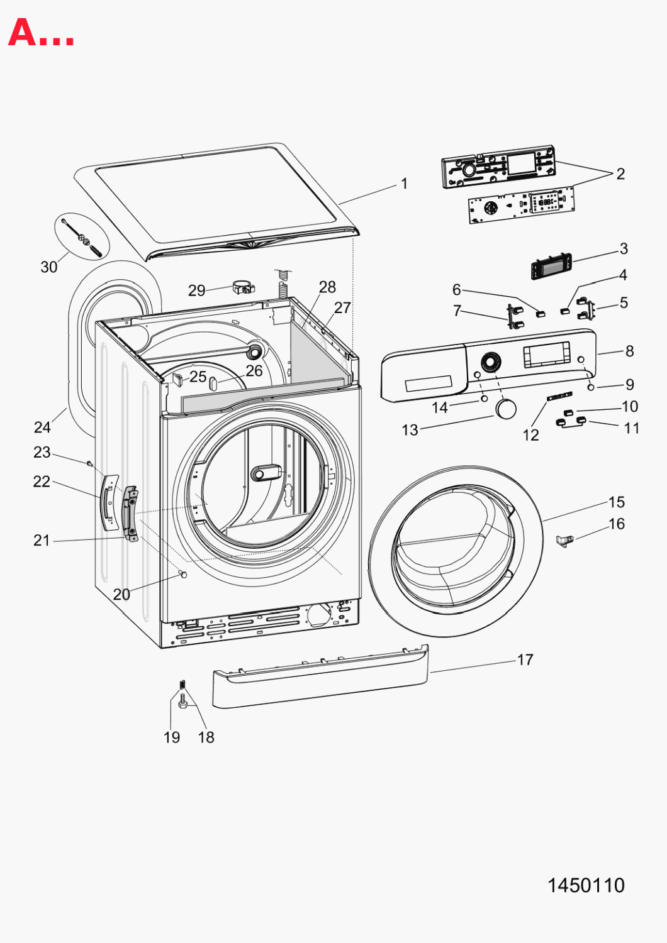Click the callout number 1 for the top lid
coord(405,184)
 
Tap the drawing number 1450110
coord(586,885)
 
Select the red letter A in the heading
coord(22,32)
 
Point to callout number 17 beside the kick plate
coord(525,659)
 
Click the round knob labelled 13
coord(506,409)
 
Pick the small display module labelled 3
coord(551,266)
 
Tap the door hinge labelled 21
coord(131,513)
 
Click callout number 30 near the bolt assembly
coord(49,267)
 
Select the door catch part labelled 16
coord(564,540)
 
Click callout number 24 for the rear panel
coord(42,427)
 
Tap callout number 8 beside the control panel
coord(629,351)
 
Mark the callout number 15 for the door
coord(617,502)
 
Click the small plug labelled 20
coord(183,573)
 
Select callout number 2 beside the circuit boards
coord(620,174)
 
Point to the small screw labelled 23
coord(89,463)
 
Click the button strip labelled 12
coord(559,396)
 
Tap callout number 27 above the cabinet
coord(342,307)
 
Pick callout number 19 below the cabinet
coord(172,737)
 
